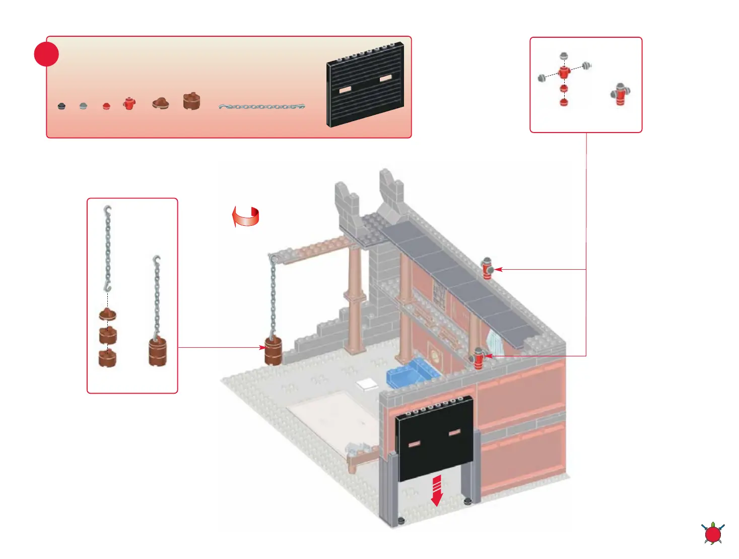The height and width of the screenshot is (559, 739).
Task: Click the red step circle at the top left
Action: pyautogui.click(x=46, y=54)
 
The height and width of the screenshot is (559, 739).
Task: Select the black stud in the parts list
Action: pyautogui.click(x=61, y=106)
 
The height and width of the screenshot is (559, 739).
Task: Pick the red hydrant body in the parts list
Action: pyautogui.click(x=129, y=103)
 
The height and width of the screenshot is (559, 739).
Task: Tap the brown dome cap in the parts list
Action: pyautogui.click(x=161, y=103)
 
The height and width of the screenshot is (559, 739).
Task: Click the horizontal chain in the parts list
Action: pyautogui.click(x=262, y=107)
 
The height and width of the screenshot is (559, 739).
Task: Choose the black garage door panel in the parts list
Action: pyautogui.click(x=366, y=84)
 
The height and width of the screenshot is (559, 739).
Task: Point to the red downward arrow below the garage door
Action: pyautogui.click(x=437, y=490)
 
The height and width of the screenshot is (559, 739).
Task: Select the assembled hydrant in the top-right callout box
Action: pyautogui.click(x=621, y=94)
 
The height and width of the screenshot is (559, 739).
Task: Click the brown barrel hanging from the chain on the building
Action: pyautogui.click(x=273, y=351)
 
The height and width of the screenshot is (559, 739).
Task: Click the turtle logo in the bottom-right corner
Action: pyautogui.click(x=713, y=533)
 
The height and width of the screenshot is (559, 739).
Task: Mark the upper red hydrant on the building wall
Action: pyautogui.click(x=487, y=268)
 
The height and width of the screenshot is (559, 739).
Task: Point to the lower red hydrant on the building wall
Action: pyautogui.click(x=478, y=358)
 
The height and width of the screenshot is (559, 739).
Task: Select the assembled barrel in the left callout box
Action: pyautogui.click(x=158, y=351)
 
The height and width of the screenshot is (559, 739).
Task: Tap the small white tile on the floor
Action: pyautogui.click(x=366, y=384)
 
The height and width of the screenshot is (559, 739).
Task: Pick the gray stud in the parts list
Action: pyautogui.click(x=83, y=106)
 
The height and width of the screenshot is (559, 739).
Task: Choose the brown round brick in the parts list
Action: pyautogui.click(x=191, y=101)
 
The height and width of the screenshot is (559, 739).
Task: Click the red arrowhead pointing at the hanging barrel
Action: pyautogui.click(x=261, y=347)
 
